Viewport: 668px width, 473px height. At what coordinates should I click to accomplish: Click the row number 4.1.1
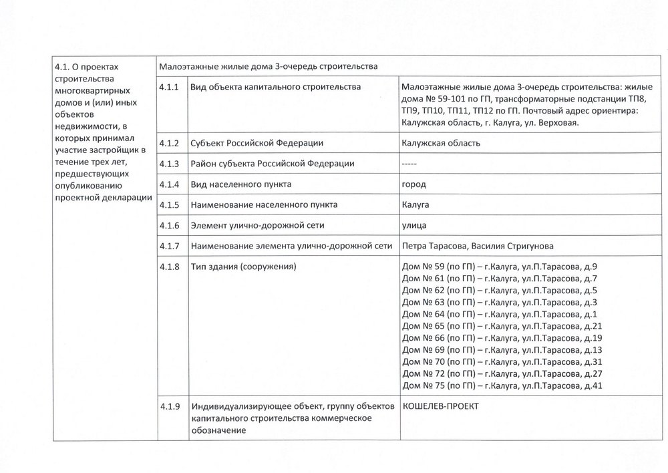point(170,88)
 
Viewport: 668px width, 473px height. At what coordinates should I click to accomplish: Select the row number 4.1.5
point(170,204)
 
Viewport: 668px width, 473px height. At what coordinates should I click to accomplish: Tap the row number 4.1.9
point(170,407)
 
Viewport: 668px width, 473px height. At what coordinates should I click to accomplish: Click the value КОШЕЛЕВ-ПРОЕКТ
point(441,407)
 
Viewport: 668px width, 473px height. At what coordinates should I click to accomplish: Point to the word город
point(414,184)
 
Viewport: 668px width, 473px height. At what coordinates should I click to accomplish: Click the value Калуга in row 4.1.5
point(415,204)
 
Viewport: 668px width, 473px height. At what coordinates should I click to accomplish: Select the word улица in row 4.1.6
point(415,225)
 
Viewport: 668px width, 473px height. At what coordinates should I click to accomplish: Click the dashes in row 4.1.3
point(410,164)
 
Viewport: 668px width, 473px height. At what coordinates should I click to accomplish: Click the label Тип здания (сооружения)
point(244,267)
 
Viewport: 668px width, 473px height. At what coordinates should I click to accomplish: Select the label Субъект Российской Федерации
point(257,144)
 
